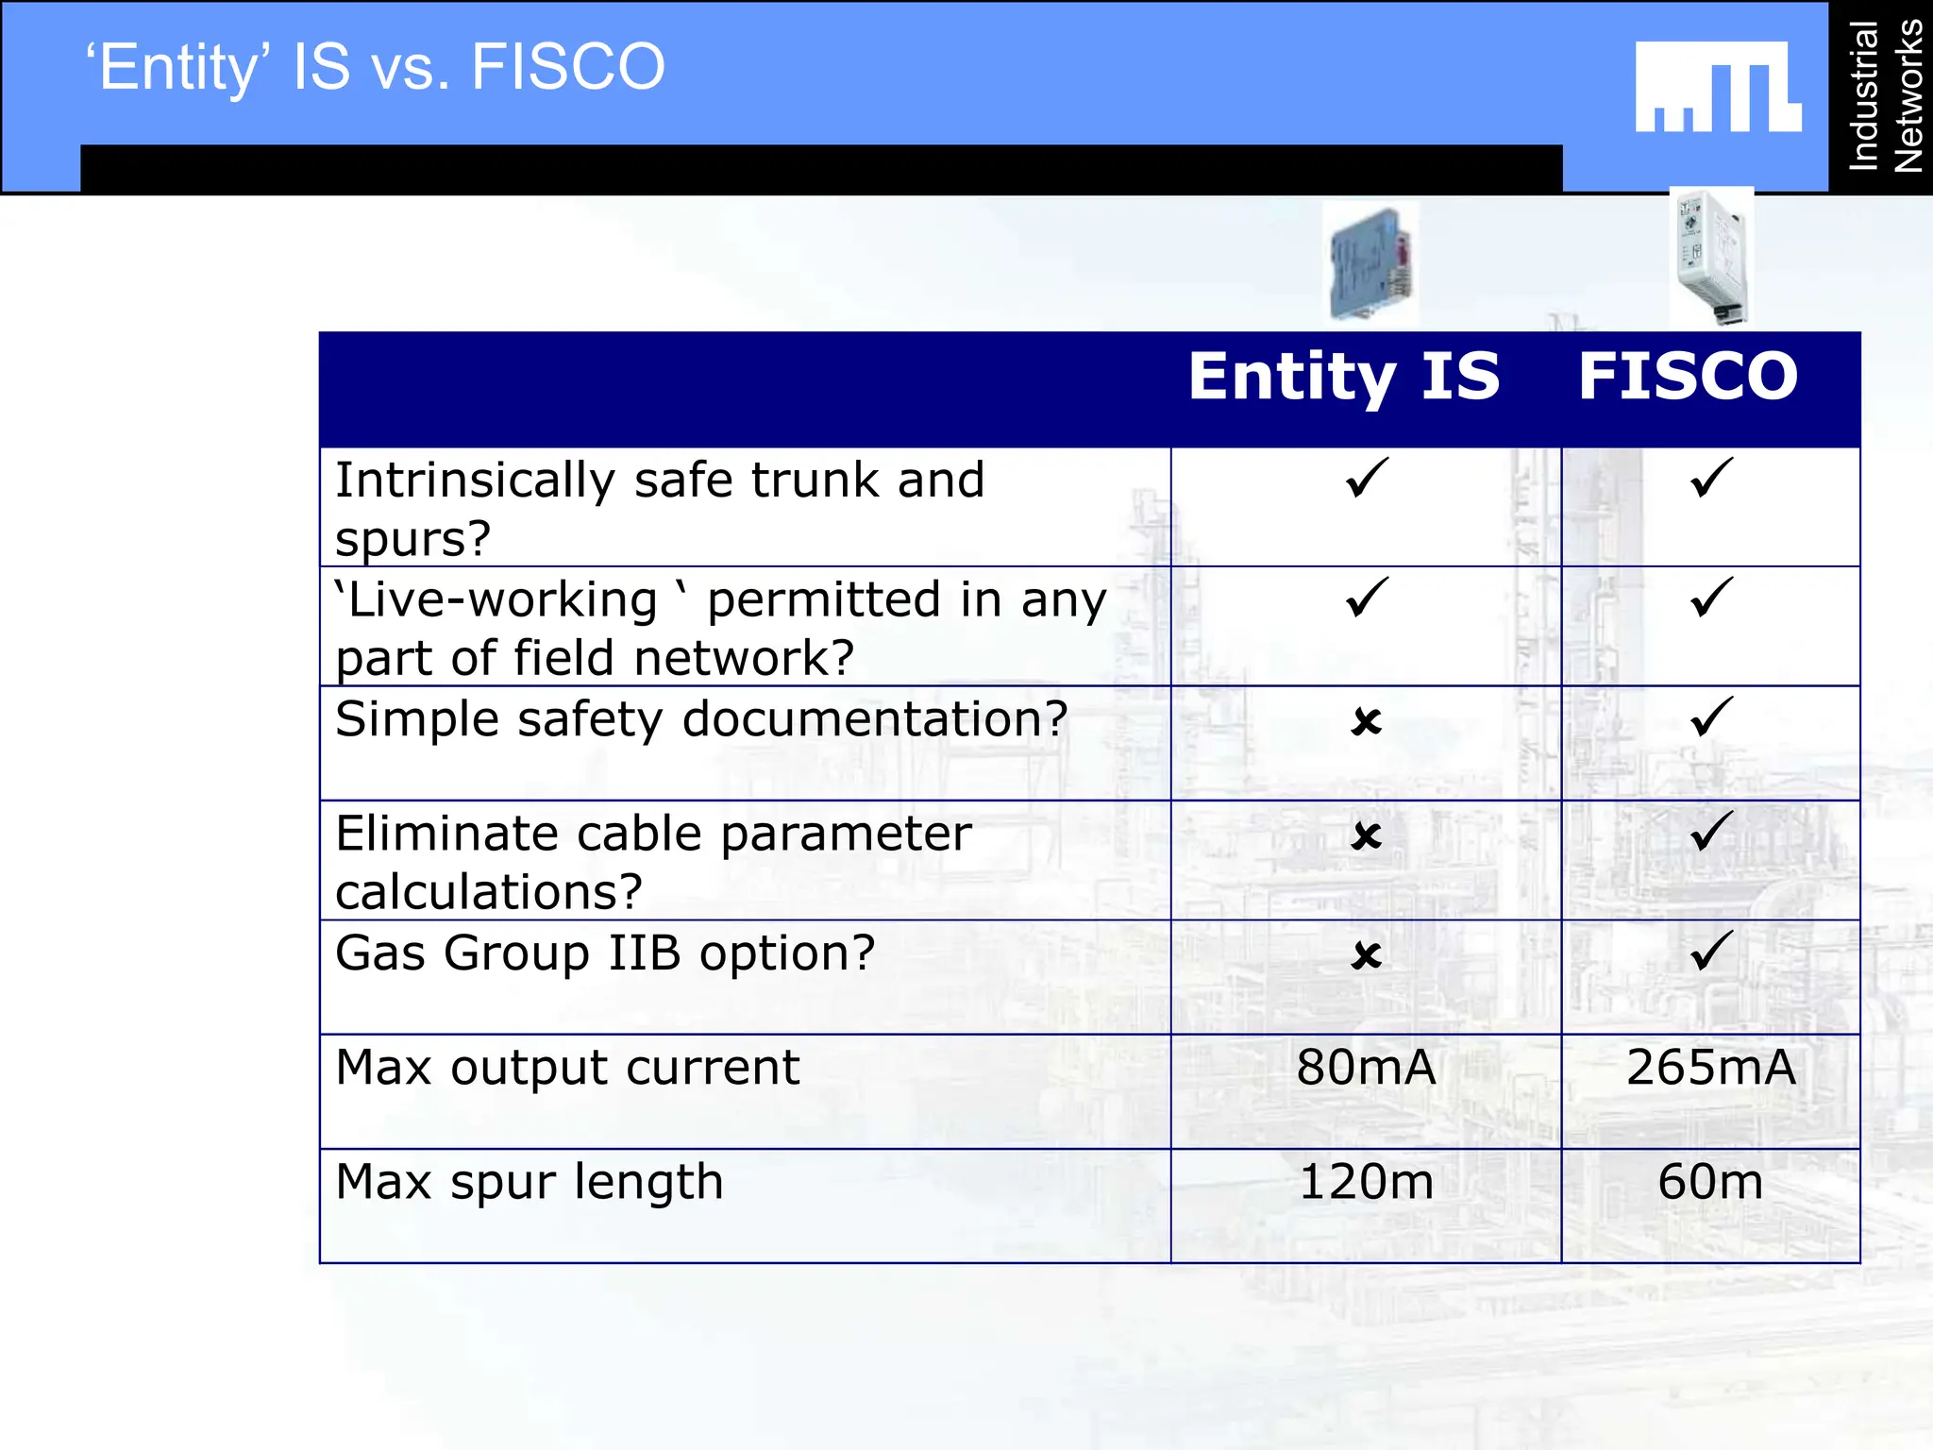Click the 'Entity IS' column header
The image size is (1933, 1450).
1343,377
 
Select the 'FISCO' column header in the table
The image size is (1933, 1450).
1688,377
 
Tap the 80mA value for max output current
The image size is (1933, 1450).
1366,1068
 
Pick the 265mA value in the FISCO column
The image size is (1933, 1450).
1710,1068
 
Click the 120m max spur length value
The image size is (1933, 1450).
1366,1182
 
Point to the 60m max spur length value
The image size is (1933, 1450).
1710,1182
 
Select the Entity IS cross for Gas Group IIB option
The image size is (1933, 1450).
1366,956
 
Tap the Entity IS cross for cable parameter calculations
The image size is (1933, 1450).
1366,836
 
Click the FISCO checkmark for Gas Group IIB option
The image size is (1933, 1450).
1710,951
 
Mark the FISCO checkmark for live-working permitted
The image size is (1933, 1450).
1710,597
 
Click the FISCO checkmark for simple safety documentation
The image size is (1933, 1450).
1710,717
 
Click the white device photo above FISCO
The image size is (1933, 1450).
1711,257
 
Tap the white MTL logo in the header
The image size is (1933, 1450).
1718,87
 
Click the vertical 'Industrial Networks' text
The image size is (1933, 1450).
1885,95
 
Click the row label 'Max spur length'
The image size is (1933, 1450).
529,1182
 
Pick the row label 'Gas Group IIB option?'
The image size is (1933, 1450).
605,953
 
